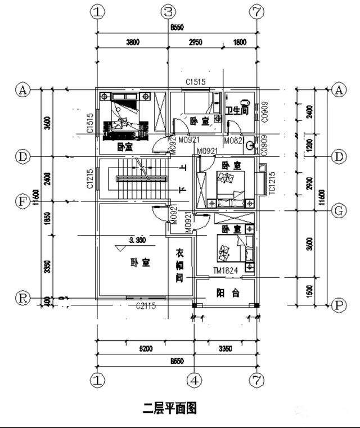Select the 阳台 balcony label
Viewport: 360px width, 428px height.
[x=228, y=293]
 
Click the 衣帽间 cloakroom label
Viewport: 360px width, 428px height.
[x=179, y=265]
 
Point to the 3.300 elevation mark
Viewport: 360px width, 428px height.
[x=137, y=241]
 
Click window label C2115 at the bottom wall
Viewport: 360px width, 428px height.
[x=146, y=305]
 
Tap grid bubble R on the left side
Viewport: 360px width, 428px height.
[x=22, y=299]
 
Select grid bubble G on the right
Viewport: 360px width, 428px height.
[x=339, y=211]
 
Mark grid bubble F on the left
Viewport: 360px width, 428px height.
[x=22, y=201]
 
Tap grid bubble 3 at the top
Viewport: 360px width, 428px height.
[x=168, y=12]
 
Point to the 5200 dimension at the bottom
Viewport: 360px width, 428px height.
[x=146, y=349]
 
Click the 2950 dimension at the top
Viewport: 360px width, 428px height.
[x=195, y=41]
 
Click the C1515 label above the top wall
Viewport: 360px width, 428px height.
[x=196, y=82]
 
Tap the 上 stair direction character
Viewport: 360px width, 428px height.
[x=183, y=167]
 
